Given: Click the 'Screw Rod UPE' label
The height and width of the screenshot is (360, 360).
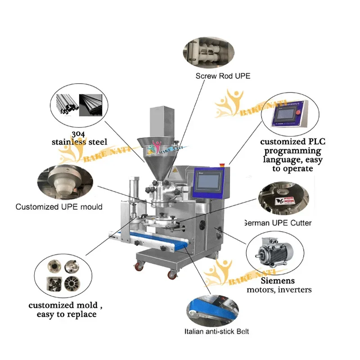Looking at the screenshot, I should [x=222, y=76].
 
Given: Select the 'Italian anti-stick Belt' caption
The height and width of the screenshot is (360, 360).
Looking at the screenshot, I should [x=216, y=332].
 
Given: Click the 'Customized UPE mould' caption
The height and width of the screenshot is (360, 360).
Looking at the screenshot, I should [x=59, y=207].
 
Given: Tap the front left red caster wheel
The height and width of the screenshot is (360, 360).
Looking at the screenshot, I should [x=137, y=267].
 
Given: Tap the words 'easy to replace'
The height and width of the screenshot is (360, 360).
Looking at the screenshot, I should [x=67, y=314].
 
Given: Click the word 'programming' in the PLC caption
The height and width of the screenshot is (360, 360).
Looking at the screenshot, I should [x=292, y=151].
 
